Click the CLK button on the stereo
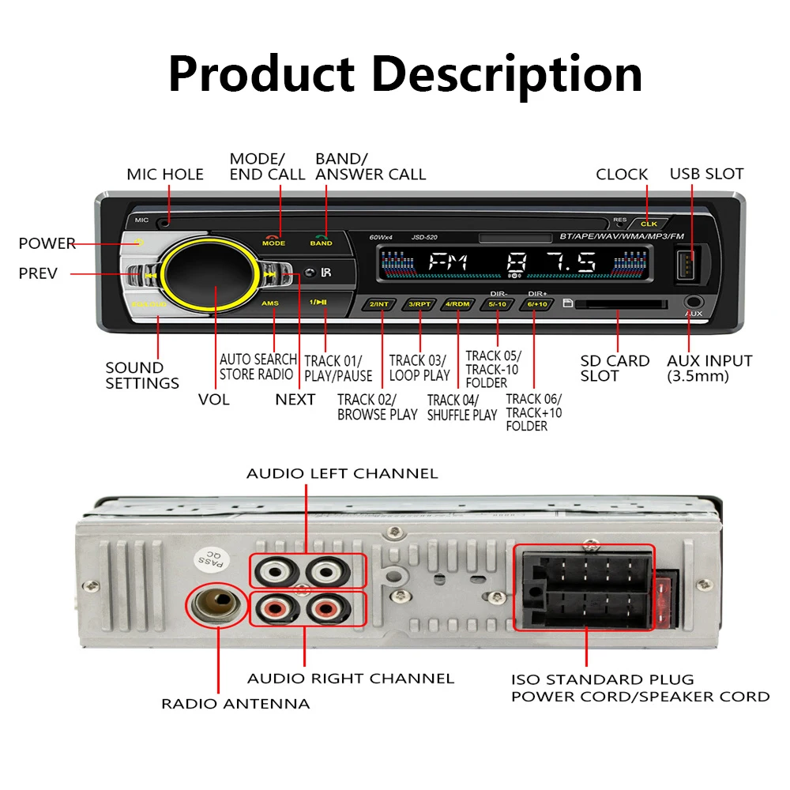[x=648, y=224]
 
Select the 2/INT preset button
[x=378, y=304]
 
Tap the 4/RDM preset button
[x=457, y=304]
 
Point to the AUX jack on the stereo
[x=694, y=303]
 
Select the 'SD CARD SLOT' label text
[x=615, y=368]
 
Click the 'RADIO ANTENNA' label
[x=235, y=703]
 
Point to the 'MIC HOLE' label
[x=165, y=175]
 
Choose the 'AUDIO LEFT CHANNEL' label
[x=342, y=474]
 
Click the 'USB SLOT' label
[x=706, y=174]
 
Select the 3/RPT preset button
[x=417, y=304]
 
